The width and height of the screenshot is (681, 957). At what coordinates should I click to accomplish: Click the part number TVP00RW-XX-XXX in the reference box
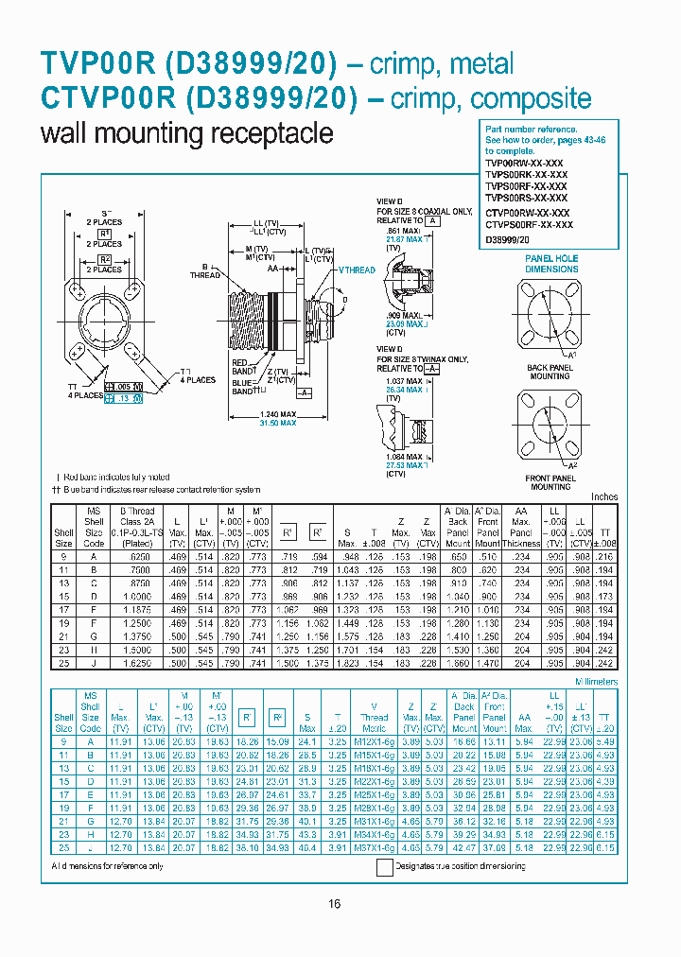point(526,162)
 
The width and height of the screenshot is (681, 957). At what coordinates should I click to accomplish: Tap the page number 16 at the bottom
point(334,904)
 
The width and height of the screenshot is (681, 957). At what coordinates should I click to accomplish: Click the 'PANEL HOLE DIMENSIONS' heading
point(551,263)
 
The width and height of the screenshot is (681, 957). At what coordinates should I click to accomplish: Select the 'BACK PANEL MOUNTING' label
point(550,372)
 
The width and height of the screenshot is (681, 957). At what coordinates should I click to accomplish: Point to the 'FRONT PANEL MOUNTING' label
point(550,482)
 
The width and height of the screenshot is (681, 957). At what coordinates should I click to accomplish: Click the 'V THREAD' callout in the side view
point(357,270)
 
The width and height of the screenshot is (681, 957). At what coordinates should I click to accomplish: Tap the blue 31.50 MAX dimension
point(276,423)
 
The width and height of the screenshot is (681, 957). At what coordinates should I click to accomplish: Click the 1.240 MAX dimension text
point(276,414)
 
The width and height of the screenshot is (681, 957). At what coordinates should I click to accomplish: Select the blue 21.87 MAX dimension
point(402,239)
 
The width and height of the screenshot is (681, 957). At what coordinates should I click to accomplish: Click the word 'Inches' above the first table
point(603,496)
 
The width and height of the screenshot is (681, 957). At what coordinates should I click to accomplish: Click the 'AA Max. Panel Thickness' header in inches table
point(520,532)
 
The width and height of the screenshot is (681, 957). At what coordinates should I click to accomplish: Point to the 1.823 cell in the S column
point(347,663)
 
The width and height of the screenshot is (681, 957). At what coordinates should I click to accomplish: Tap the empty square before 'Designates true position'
point(385,867)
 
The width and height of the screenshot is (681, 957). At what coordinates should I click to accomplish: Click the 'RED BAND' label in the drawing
point(240,367)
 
